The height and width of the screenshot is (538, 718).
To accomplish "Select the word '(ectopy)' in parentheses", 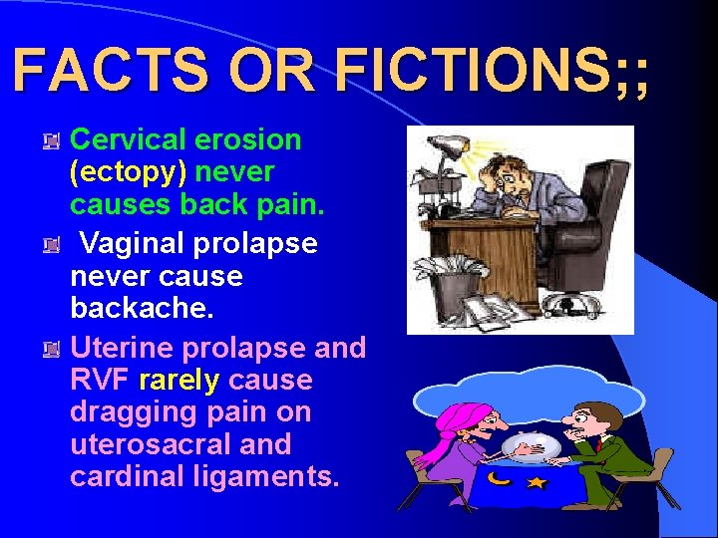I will (x=128, y=172).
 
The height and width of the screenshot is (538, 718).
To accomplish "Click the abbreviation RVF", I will (x=101, y=380).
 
